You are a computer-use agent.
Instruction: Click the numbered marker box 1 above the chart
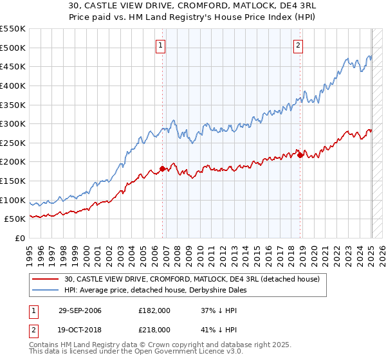160,45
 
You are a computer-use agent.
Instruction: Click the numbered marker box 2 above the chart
299,45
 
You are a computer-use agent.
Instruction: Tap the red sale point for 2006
162,168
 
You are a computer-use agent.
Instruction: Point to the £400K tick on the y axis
13,85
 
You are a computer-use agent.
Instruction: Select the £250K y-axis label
13,143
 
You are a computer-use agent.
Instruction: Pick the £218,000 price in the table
154,331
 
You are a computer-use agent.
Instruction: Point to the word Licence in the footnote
178,353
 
